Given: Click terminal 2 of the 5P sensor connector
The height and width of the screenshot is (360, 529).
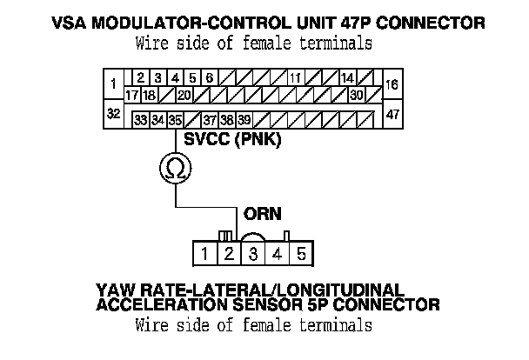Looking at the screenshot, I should tap(227, 255).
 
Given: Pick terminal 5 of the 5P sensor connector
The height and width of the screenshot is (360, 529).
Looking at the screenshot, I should tap(300, 255).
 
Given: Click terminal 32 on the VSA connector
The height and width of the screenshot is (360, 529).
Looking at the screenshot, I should tap(112, 114).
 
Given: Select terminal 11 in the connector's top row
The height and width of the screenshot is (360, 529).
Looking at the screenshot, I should tap(297, 77).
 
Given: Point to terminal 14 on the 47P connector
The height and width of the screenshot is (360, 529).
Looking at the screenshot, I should tap(346, 77).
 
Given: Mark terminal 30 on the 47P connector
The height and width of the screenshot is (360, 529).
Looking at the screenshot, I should tap(357, 94).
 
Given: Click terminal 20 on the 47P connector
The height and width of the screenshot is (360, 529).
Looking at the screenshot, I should tap(184, 94).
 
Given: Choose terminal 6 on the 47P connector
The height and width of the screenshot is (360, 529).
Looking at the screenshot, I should tap(209, 77).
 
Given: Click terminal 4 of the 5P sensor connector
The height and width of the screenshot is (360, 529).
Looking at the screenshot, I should tap(276, 255).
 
